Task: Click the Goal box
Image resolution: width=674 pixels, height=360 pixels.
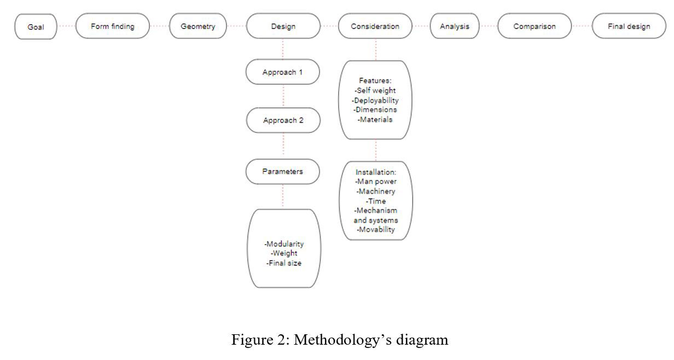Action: (x=36, y=27)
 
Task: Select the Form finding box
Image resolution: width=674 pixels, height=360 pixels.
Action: (x=112, y=26)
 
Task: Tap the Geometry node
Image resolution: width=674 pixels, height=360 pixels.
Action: (x=197, y=26)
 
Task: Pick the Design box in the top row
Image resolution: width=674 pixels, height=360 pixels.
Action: (x=283, y=26)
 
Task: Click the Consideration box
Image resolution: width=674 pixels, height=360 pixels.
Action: (x=375, y=26)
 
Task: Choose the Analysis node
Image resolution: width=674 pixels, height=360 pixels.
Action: (x=454, y=26)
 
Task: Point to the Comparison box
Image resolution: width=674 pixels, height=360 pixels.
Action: (x=534, y=26)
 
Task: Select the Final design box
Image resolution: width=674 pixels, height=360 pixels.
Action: (x=629, y=26)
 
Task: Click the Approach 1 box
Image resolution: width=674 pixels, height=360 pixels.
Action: (x=283, y=72)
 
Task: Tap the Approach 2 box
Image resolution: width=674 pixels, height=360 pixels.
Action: (x=283, y=120)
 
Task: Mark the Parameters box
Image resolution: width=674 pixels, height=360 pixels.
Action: (x=283, y=171)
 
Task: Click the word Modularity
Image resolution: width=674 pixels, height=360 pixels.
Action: (x=283, y=244)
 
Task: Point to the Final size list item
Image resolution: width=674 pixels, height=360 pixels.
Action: (x=283, y=263)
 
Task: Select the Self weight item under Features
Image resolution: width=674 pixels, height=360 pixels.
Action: (x=375, y=90)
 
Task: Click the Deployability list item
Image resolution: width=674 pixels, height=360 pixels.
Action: (x=375, y=100)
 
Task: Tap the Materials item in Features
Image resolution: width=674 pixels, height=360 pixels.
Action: (x=375, y=119)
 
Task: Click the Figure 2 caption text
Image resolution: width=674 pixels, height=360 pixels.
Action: (x=340, y=340)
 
